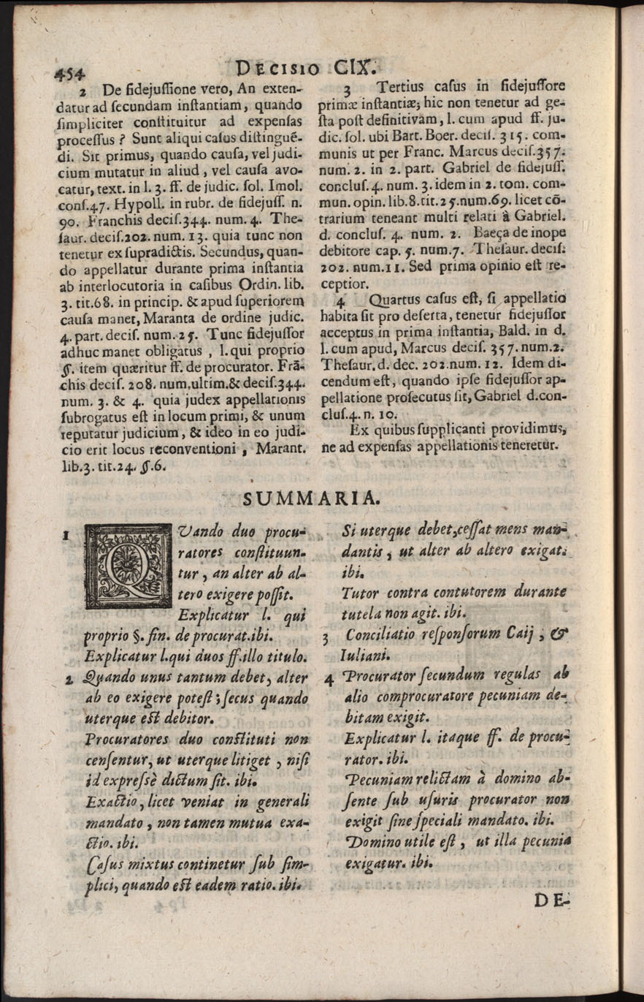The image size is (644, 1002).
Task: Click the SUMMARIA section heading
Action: [310, 499]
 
